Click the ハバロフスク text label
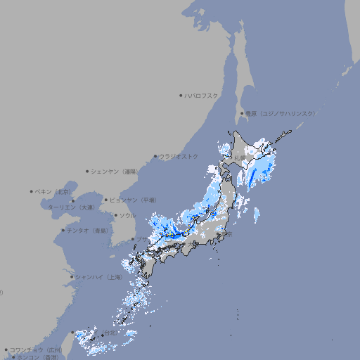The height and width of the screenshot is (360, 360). point(202,95)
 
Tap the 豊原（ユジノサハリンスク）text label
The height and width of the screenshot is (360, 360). point(280,113)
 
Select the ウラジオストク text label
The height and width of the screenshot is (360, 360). point(179,156)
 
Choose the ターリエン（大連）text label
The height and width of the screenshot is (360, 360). point(71,207)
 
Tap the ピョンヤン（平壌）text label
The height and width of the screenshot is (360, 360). point(134,200)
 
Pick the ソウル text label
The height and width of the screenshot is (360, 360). point(127,215)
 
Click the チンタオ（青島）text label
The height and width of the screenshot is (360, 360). point(88,230)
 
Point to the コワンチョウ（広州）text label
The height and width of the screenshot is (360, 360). point(36,349)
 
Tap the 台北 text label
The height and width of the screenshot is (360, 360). point(111,333)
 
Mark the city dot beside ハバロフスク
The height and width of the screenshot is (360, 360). point(181,95)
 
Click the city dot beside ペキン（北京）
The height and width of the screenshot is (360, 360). point(32,191)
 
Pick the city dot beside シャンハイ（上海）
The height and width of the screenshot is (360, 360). point(72,277)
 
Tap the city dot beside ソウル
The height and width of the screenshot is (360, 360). point(115,215)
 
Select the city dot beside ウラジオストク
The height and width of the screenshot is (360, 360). point(155,156)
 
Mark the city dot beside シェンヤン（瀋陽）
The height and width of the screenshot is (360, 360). point(88,171)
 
